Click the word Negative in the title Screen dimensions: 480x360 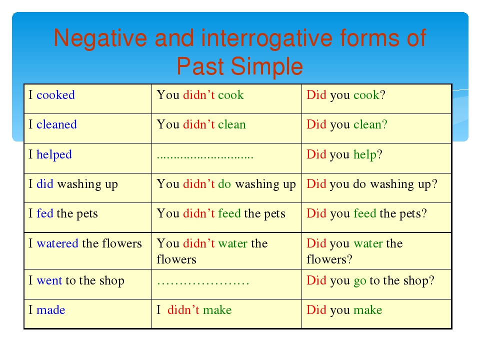[100, 38]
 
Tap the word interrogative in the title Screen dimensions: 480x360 [266, 38]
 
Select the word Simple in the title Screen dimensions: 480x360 [266, 66]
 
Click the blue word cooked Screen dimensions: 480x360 [55, 95]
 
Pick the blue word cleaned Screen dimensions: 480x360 [56, 124]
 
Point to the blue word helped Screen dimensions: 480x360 [54, 154]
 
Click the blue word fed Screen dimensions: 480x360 [45, 213]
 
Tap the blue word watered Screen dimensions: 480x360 [57, 243]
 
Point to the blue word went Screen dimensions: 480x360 [49, 280]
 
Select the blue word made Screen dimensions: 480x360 [51, 310]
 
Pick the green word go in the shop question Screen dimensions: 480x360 [360, 281]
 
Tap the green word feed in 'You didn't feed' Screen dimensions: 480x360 [229, 213]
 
